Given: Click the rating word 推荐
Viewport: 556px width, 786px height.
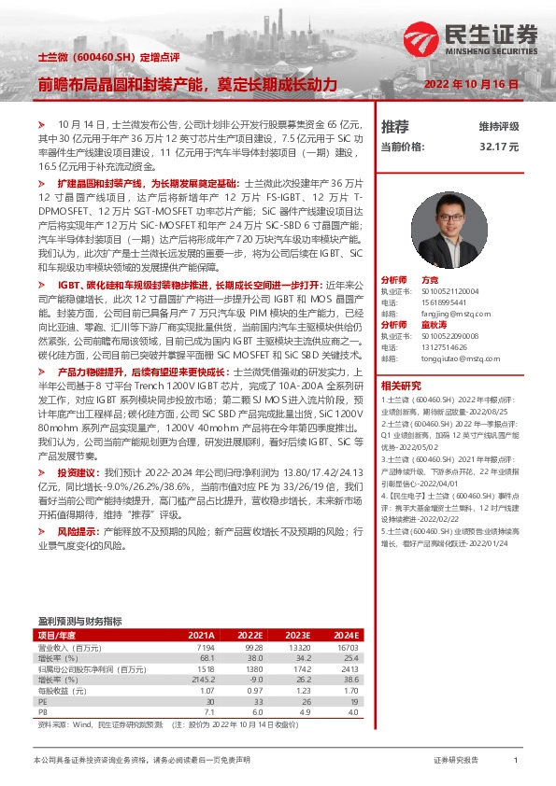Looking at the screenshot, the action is pos(395,126).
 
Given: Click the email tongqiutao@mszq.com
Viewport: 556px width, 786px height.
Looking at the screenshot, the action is pos(454,358).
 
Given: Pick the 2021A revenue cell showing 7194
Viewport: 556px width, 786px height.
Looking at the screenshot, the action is pos(205,646).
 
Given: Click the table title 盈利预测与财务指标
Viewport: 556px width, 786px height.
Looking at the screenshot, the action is pos(79,620).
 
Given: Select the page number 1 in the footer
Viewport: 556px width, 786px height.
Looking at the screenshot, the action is pos(516,761).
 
